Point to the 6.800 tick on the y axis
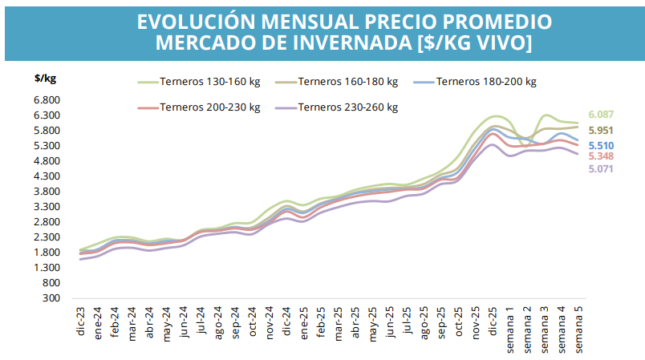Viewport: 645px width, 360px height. coord(48,100)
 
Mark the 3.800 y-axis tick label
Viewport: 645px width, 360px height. coord(48,192)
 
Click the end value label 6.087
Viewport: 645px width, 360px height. coord(601,115)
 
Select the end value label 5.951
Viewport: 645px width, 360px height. coord(601,130)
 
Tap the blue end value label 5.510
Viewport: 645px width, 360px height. coord(601,145)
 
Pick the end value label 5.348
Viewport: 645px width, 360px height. coord(601,156)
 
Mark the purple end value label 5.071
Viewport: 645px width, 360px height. coord(601,169)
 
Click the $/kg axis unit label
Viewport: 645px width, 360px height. coord(45,79)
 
